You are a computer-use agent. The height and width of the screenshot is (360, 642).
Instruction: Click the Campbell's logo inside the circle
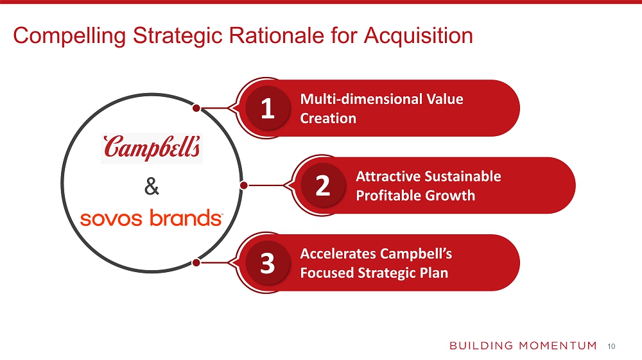(152, 148)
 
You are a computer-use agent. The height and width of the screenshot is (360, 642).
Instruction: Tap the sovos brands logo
(152, 218)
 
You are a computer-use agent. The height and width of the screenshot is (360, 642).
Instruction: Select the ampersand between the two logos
(152, 186)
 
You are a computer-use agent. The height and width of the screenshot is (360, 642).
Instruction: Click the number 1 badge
(268, 108)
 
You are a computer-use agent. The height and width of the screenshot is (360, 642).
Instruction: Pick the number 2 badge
(323, 185)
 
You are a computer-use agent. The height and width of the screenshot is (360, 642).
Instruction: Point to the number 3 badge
(268, 263)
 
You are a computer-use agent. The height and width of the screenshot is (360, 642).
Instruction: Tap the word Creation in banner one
(328, 118)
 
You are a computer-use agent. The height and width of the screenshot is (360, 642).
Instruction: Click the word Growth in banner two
(450, 196)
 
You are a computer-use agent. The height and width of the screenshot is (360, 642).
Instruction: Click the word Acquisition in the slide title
(419, 35)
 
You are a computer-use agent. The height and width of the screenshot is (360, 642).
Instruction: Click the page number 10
(611, 347)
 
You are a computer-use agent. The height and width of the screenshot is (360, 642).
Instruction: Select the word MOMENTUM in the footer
(558, 346)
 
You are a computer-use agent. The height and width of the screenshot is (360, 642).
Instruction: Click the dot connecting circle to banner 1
(196, 108)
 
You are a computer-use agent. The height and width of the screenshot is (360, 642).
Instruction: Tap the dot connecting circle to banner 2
(243, 185)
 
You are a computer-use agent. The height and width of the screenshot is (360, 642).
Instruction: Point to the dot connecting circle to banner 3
(196, 262)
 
